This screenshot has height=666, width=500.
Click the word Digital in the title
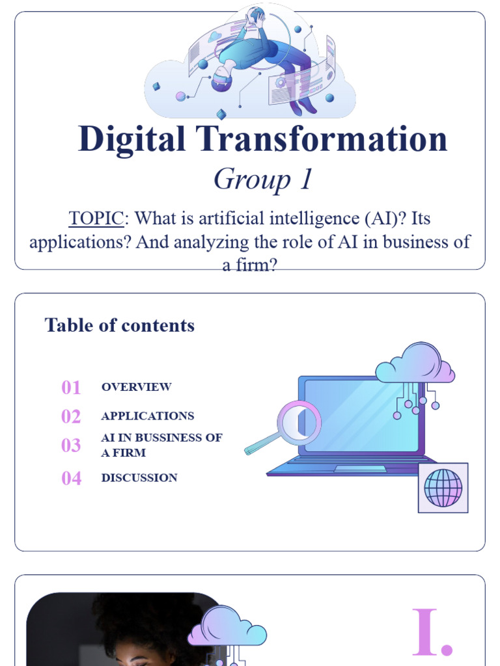(132, 140)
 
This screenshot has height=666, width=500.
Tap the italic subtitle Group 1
(263, 179)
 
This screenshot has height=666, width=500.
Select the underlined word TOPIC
(96, 219)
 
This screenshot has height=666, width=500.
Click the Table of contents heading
(119, 325)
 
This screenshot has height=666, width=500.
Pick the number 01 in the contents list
(71, 388)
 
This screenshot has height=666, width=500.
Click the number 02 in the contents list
(71, 417)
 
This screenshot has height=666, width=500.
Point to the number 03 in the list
(71, 446)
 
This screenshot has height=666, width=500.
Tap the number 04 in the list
(71, 479)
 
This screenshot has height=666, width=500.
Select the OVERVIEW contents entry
(136, 387)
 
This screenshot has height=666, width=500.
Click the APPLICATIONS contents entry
(147, 416)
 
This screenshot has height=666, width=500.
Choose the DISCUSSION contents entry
(139, 478)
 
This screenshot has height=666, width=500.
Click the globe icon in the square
(443, 488)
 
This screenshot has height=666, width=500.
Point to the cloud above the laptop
(415, 365)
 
